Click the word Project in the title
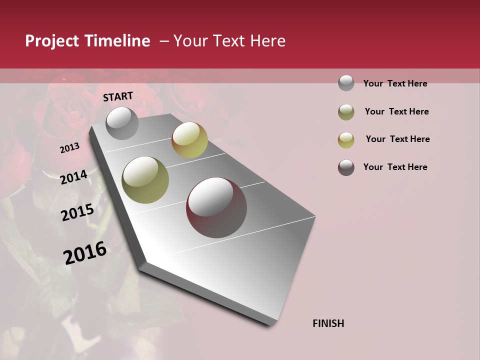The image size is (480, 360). tap(52, 41)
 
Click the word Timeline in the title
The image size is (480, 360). tap(117, 41)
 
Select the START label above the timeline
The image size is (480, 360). tap(118, 96)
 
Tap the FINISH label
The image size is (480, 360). tap(328, 323)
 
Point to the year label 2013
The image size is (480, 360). tap(70, 148)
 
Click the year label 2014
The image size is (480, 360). tap(74, 177)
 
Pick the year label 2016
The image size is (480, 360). tap(85, 252)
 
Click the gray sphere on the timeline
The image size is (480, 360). tap(122, 123)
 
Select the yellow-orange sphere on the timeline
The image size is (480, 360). tap(189, 140)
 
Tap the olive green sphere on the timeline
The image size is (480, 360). tap(145, 180)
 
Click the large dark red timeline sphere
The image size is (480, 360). tap(216, 207)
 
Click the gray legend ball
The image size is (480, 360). tap(346, 83)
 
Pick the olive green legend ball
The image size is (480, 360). tap(346, 112)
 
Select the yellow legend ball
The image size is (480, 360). tap(346, 139)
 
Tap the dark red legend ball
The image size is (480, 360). tap(346, 167)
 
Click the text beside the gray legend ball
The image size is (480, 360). tap(395, 83)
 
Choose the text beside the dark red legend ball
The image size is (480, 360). tap(395, 167)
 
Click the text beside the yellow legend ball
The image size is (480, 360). tap(398, 139)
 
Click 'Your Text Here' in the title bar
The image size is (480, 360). tap(229, 41)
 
